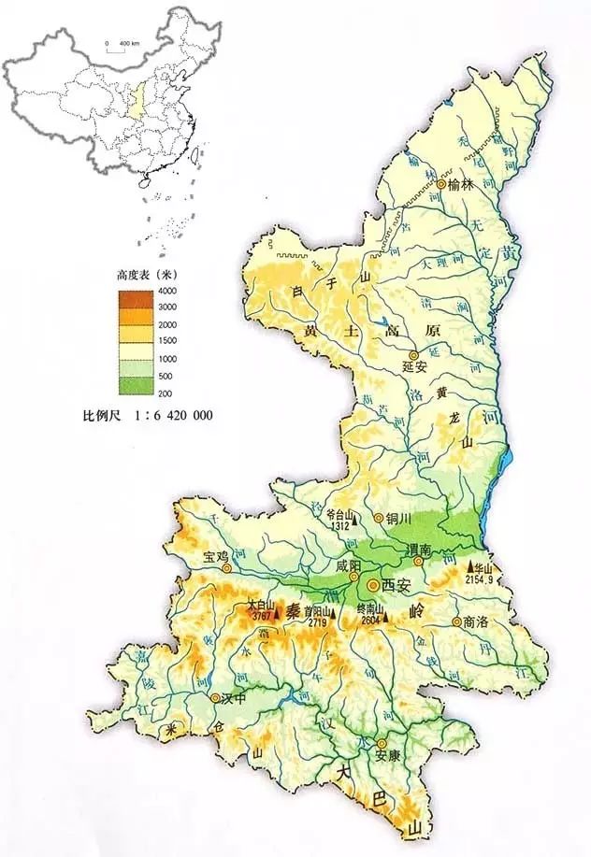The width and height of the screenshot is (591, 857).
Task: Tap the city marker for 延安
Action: point(412,355)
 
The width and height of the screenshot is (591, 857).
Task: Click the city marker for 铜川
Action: point(379,517)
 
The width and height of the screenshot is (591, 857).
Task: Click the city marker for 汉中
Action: point(216,698)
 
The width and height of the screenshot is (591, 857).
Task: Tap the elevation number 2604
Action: point(372,621)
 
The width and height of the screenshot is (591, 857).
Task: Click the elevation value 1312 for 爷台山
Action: point(340,525)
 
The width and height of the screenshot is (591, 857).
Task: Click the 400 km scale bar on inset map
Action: point(118,50)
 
